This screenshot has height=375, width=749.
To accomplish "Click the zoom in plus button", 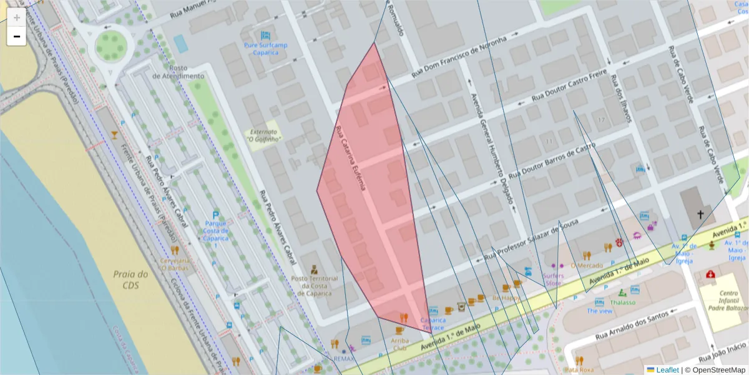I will tap(17, 17).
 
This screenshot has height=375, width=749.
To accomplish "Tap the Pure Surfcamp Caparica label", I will tap(265, 49).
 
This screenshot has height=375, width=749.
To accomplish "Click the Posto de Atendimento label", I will tap(178, 72).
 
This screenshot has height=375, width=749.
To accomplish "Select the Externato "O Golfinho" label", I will tap(263, 136).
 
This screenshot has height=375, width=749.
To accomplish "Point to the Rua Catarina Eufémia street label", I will tap(353, 158).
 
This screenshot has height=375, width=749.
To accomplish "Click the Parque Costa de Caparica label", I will tap(215, 234).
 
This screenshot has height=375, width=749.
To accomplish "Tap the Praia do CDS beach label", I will tap(130, 279).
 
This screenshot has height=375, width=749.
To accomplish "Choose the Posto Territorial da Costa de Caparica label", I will tap(315, 286).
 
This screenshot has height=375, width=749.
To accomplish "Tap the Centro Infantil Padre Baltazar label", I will tap(724, 301).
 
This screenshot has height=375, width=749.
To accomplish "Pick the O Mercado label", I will tap(587, 265).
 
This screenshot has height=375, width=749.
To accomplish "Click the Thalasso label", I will tap(622, 302).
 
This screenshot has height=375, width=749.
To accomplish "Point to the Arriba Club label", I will tap(399, 344).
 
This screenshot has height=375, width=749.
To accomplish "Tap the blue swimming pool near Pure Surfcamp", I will tap(180, 43).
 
